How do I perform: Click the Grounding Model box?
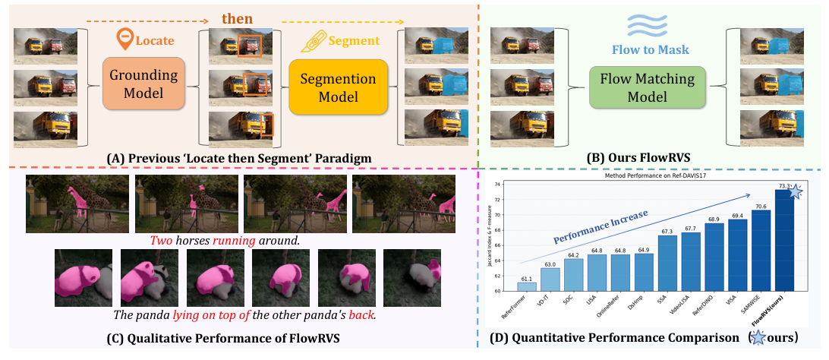[143, 84]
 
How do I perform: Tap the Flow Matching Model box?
[647, 87]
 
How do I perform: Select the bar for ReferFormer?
[525, 286]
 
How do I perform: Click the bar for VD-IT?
[549, 279]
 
